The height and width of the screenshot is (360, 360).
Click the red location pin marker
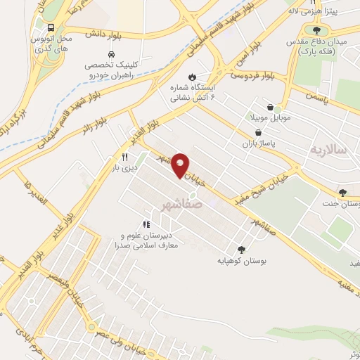pyautogui.click(x=181, y=165)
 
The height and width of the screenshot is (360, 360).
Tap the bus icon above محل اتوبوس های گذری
pyautogui.click(x=51, y=27)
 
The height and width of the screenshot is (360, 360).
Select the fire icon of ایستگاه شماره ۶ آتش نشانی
pyautogui.click(x=193, y=77)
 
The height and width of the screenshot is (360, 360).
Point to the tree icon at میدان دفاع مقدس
pyautogui.click(x=316, y=31)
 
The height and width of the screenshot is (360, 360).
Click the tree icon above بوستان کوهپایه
pyautogui.click(x=241, y=250)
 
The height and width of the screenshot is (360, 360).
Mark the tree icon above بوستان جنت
pyautogui.click(x=342, y=193)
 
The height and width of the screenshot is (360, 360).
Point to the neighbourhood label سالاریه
pyautogui.click(x=330, y=150)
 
